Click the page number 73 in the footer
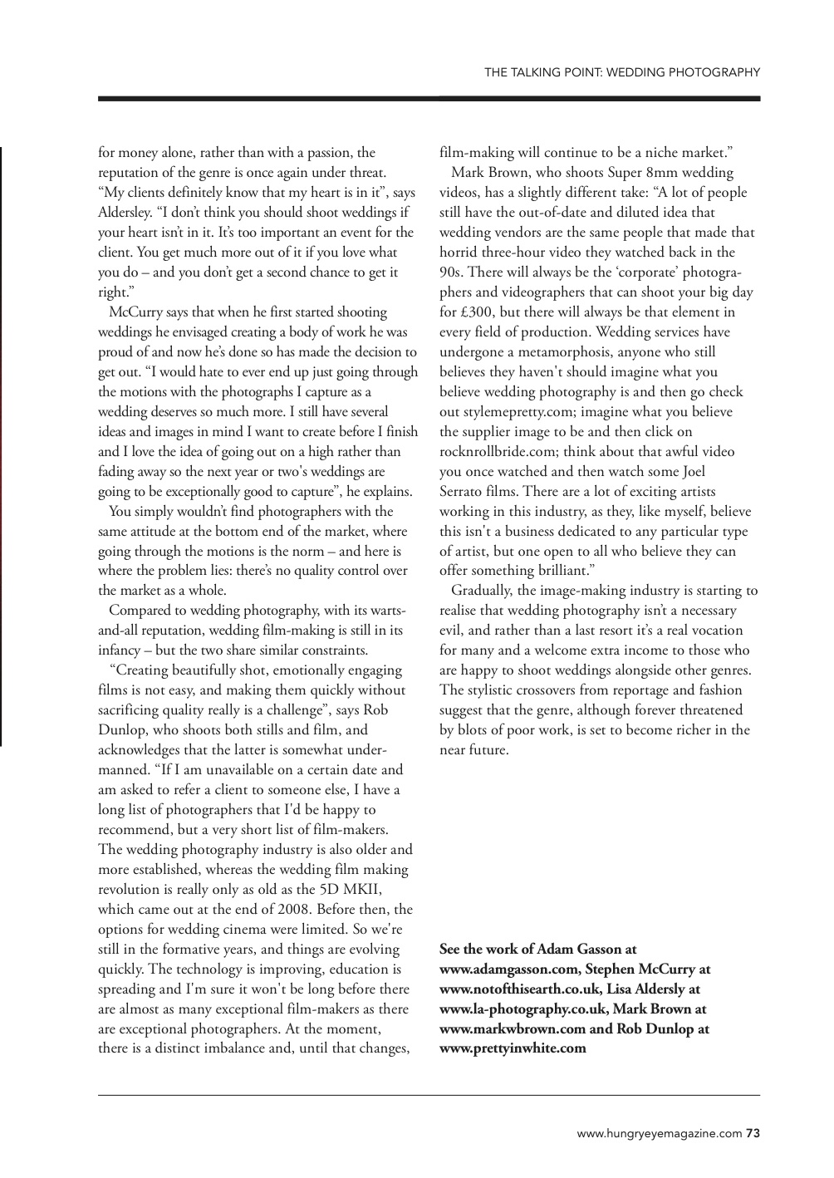pyautogui.click(x=753, y=1131)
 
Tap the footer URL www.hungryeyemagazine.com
pyautogui.click(x=660, y=1131)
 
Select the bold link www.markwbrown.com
pyautogui.click(x=503, y=1028)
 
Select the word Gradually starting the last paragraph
pyautogui.click(x=482, y=591)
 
